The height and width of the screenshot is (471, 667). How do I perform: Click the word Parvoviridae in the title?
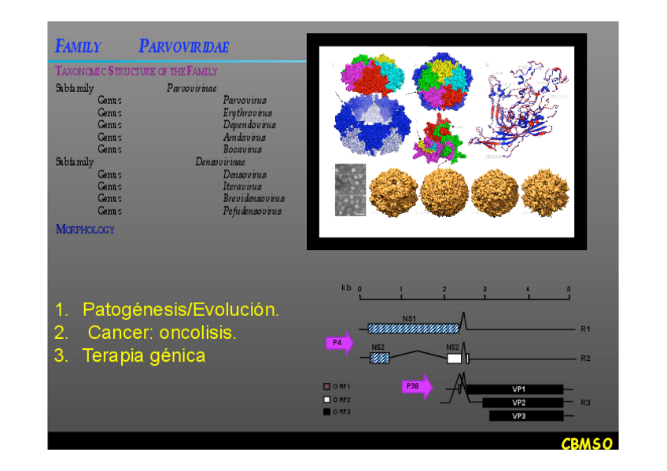pos(183,46)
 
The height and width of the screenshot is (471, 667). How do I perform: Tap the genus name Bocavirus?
pos(242,149)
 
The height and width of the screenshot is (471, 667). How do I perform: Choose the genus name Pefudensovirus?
pos(252,211)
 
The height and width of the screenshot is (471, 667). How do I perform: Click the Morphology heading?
pos(85,230)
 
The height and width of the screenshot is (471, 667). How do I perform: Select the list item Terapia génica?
pos(143,355)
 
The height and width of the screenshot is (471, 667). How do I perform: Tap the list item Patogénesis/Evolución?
pos(180,309)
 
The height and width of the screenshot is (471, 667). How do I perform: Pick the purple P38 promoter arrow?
pos(416,386)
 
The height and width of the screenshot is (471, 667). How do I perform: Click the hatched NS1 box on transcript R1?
pos(413,328)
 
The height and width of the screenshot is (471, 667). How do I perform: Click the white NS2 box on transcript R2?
pos(454,358)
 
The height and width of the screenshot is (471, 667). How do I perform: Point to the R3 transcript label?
pos(585,403)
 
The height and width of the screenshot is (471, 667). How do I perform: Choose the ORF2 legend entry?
pos(338,399)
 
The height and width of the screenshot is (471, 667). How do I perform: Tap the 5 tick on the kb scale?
pos(569,290)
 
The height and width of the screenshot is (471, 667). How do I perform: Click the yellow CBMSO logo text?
pos(586,444)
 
